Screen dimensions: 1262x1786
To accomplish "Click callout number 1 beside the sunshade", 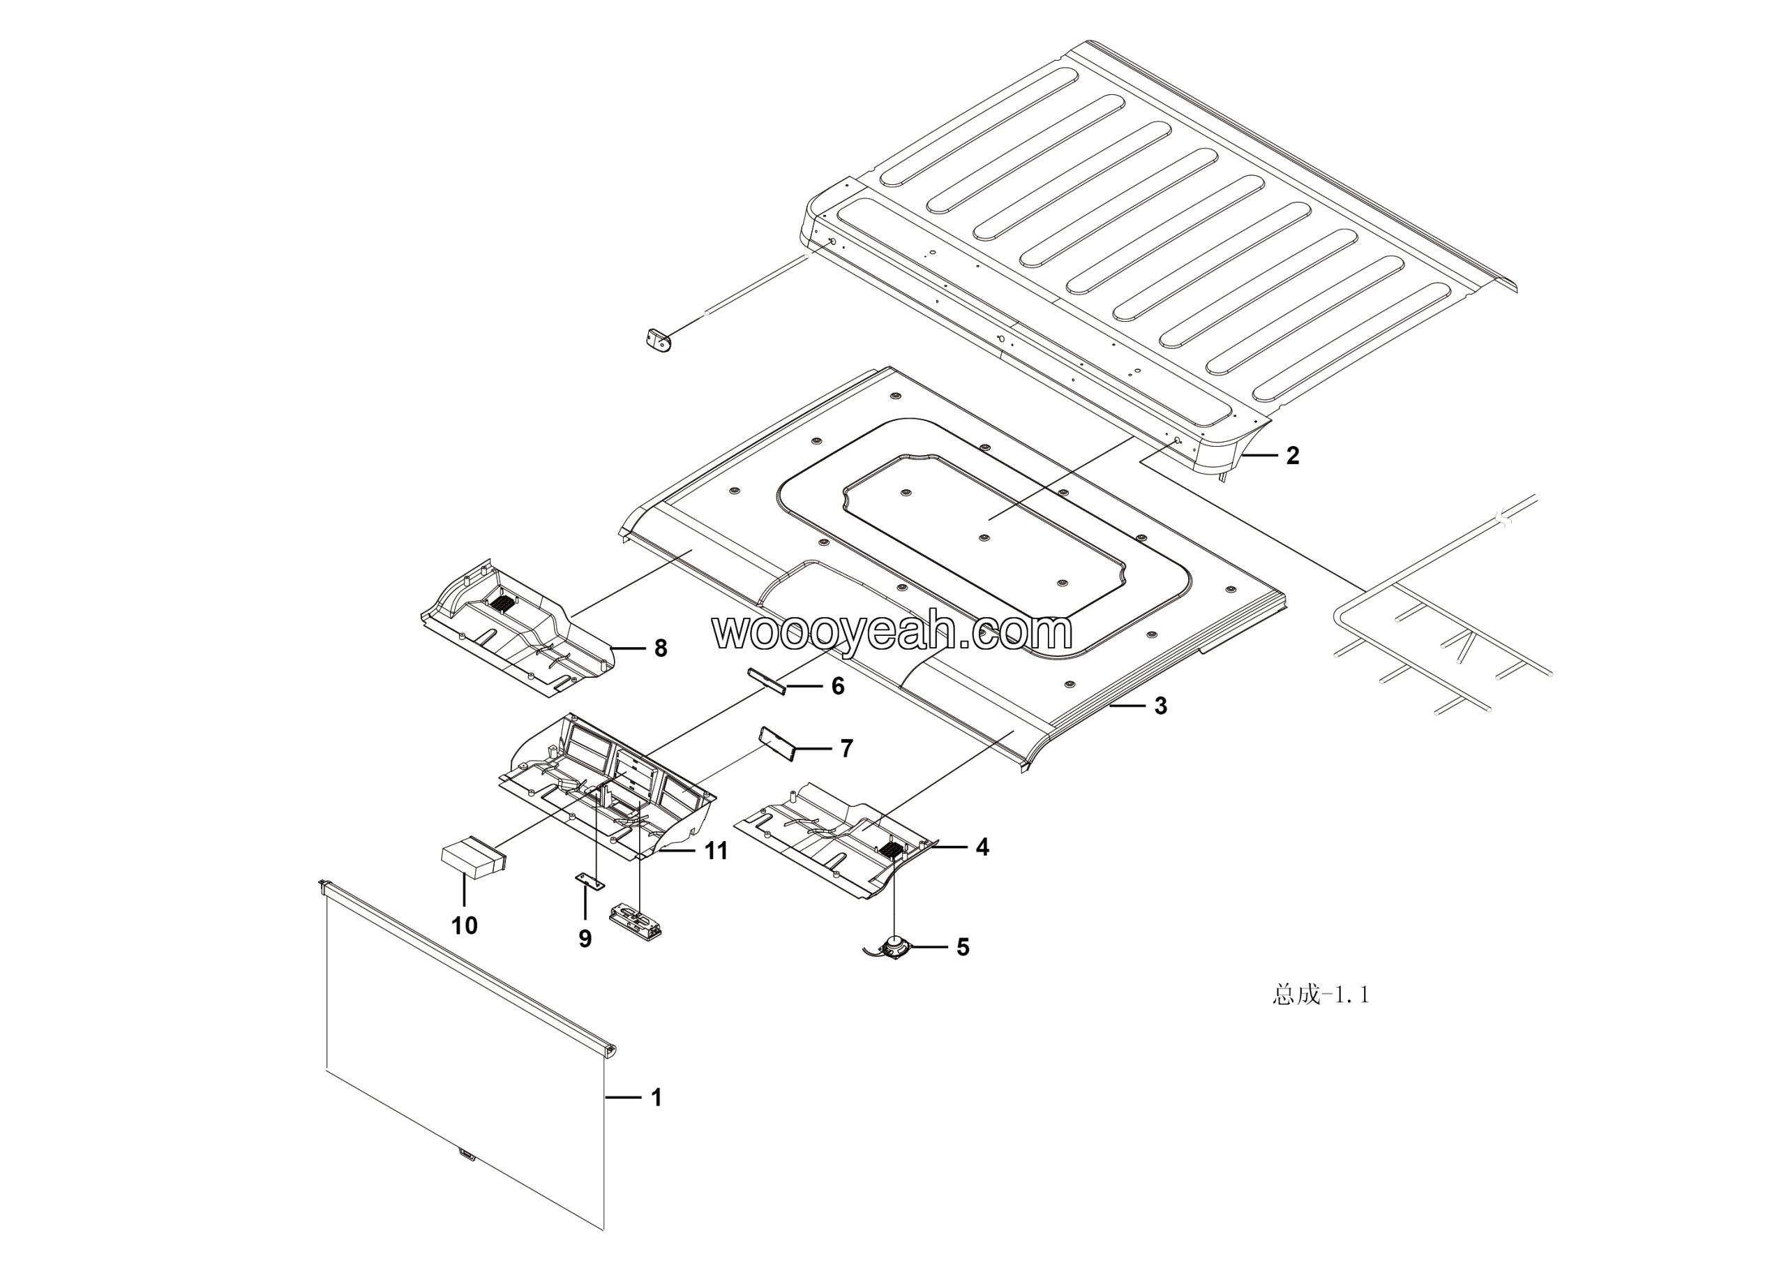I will click(x=656, y=1097).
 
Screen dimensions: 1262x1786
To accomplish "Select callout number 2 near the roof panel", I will click(x=1292, y=455).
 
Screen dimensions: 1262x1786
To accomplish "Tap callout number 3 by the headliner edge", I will click(x=1161, y=706).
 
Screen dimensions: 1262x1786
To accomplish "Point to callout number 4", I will click(x=982, y=847).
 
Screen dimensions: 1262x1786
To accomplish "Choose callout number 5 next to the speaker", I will click(x=962, y=947).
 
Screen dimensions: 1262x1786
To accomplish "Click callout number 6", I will click(x=838, y=685).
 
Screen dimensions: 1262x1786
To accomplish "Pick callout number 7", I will click(x=846, y=748).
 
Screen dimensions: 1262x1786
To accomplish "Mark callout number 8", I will click(x=661, y=648).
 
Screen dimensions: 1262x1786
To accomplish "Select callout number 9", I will click(x=585, y=939).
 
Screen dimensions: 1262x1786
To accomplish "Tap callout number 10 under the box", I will click(x=465, y=925).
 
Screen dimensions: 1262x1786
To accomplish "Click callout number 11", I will click(x=716, y=851).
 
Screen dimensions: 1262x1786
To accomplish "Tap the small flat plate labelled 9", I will click(x=590, y=881).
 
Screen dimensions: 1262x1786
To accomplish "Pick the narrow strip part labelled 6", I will click(x=766, y=679).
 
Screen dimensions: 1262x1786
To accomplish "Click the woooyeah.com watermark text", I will click(x=892, y=632).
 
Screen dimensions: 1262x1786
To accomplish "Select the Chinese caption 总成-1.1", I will click(x=1320, y=995).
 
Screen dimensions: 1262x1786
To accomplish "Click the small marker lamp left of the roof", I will click(x=658, y=341).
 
